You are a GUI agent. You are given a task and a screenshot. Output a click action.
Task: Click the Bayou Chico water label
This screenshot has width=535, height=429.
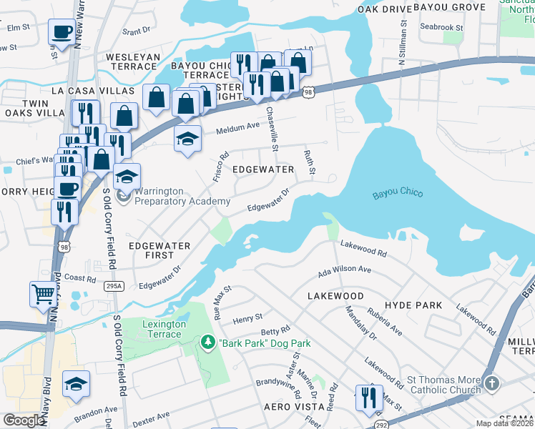click(398, 194)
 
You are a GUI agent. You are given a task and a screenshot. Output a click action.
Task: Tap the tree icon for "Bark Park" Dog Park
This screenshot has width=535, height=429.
click(208, 343)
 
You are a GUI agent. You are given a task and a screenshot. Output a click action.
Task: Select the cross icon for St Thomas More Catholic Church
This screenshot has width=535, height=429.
click(491, 384)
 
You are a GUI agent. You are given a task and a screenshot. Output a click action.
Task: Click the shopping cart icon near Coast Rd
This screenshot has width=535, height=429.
click(43, 292)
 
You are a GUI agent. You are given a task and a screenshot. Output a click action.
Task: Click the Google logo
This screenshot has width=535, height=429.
click(24, 420)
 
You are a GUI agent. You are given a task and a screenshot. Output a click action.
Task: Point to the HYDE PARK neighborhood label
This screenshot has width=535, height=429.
click(418, 305)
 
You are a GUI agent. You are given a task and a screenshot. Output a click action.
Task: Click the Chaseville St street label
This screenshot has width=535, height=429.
click(272, 129)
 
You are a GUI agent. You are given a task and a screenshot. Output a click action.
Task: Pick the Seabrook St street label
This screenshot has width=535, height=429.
click(441, 28)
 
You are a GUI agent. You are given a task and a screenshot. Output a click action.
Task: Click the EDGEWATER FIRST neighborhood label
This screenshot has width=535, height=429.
click(159, 250)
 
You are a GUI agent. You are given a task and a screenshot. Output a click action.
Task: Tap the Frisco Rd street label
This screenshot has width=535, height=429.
click(220, 167)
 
